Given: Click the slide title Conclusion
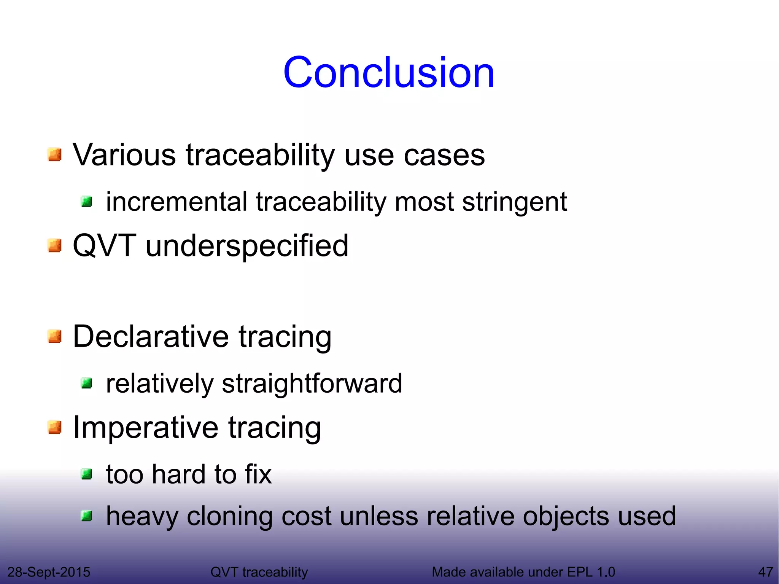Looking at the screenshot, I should click(x=388, y=72).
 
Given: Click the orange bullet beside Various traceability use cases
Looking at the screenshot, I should click(x=55, y=155).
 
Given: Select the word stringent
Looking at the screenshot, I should click(x=514, y=202).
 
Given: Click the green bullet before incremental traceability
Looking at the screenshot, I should click(x=87, y=202).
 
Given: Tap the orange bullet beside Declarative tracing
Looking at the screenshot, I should click(x=55, y=336).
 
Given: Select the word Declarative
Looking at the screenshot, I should click(x=151, y=336).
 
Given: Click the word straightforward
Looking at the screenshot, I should click(x=312, y=383).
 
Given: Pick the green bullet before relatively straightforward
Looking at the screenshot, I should click(x=87, y=383).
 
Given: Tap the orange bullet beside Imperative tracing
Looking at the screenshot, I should click(x=55, y=427).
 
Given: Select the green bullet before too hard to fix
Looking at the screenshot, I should click(x=87, y=474).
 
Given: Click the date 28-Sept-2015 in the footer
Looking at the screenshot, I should click(x=49, y=572).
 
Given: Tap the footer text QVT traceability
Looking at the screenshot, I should click(x=259, y=572).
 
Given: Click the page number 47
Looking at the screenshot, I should click(x=765, y=572).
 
